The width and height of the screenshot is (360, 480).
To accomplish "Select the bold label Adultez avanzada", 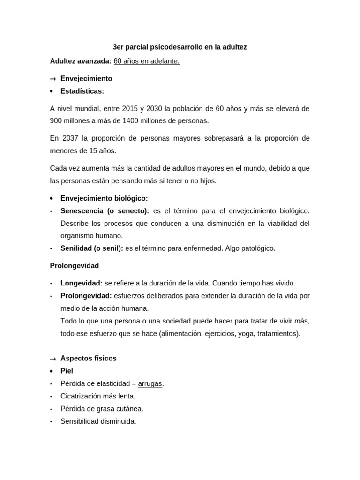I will pos(81,61).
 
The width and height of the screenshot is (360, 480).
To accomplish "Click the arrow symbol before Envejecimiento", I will pos(53,79).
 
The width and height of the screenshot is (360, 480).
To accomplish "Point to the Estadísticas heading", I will pos(82,91).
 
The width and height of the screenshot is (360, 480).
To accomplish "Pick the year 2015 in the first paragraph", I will pos(129,108).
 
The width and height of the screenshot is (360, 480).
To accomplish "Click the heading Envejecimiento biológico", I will pos(104,198).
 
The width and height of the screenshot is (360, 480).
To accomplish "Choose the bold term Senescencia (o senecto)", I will pos(105,211).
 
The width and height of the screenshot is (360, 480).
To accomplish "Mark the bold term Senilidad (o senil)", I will pos(92,248).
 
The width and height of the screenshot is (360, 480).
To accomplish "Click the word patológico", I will pos(257,248).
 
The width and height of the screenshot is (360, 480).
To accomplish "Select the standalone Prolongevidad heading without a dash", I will pos(75,266).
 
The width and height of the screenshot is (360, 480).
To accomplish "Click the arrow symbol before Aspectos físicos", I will pos(53,359).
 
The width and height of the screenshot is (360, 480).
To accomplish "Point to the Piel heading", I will pos(67,371).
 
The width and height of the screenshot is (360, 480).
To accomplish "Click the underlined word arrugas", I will pos(150,383).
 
